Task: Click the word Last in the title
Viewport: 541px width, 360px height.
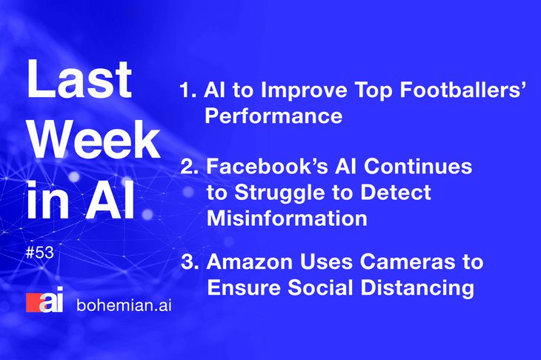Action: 79,79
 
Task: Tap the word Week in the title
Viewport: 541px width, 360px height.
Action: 94,139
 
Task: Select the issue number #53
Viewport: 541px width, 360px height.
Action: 40,253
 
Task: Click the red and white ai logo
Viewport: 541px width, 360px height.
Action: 45,300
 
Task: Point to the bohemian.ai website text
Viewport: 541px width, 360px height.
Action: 124,305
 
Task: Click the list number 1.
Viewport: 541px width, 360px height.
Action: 188,90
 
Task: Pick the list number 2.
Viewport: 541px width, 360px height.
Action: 190,167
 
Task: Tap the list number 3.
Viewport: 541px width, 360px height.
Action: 190,261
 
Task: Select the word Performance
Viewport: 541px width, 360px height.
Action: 273,116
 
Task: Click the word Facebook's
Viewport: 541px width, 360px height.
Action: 267,166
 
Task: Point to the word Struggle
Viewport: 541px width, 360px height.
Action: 280,193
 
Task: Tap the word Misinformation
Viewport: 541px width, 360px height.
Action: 287,218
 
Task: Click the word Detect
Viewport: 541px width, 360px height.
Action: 396,192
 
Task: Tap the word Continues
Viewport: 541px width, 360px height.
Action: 418,166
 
